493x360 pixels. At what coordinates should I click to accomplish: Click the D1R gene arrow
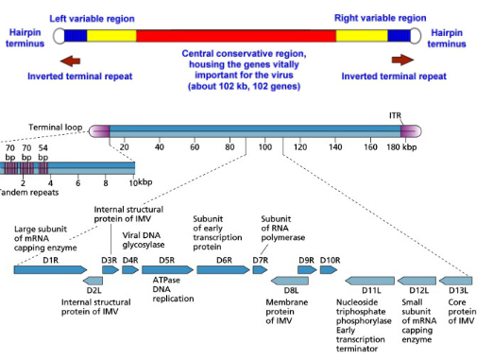click(x=50, y=269)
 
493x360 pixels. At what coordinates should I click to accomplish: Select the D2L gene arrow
click(x=93, y=281)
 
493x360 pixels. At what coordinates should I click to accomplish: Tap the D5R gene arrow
click(x=167, y=269)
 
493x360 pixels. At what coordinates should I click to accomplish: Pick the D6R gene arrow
click(x=223, y=269)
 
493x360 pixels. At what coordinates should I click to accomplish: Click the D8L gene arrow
click(x=290, y=281)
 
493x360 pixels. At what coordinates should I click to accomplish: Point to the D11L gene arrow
click(x=370, y=281)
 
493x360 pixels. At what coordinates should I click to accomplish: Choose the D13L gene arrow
click(x=455, y=281)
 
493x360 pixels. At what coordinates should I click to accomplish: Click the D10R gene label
click(x=330, y=261)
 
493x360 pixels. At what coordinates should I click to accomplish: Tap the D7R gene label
click(x=261, y=261)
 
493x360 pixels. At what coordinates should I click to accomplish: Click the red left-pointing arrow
click(x=70, y=60)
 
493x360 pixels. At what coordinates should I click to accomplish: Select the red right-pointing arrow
click(x=402, y=60)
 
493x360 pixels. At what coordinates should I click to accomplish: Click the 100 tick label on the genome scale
click(x=265, y=147)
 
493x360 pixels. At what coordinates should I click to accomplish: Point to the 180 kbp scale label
click(x=401, y=147)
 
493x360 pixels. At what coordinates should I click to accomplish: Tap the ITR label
click(x=396, y=115)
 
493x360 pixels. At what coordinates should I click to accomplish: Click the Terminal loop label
click(x=56, y=128)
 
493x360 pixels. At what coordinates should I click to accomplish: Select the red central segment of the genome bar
click(x=236, y=36)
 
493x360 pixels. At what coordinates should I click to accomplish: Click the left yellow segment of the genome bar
click(x=111, y=36)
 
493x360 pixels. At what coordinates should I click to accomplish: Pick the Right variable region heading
click(x=380, y=18)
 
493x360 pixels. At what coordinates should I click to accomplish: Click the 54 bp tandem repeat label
click(x=43, y=152)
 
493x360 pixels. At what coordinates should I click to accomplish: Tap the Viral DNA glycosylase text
click(x=144, y=240)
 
